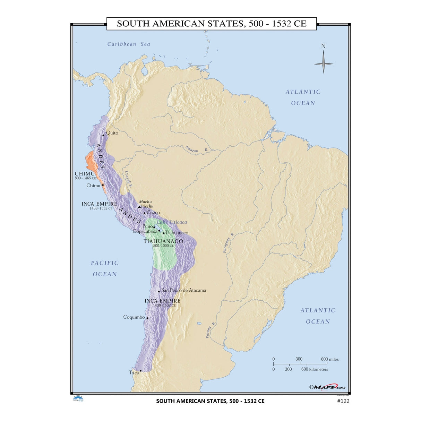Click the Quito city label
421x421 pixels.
(x=112, y=133)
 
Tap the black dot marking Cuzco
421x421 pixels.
(x=145, y=213)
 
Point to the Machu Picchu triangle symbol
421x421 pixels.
(x=139, y=207)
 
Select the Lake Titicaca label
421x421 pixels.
(x=172, y=222)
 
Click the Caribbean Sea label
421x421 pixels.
(x=129, y=44)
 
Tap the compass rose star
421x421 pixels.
(x=324, y=63)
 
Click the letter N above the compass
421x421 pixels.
(x=323, y=46)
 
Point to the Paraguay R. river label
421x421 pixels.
(x=229, y=242)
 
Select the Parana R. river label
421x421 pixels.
(x=210, y=330)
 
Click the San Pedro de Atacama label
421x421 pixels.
(x=183, y=290)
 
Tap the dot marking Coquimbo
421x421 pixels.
(x=147, y=318)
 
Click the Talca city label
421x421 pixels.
(x=134, y=372)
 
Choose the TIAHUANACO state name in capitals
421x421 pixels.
(x=163, y=241)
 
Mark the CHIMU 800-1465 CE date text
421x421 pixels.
(x=85, y=178)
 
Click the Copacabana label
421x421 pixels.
(x=145, y=231)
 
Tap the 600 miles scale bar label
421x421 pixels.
(x=329, y=359)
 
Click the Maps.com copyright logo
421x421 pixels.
(x=327, y=387)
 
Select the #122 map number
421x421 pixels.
(x=343, y=401)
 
